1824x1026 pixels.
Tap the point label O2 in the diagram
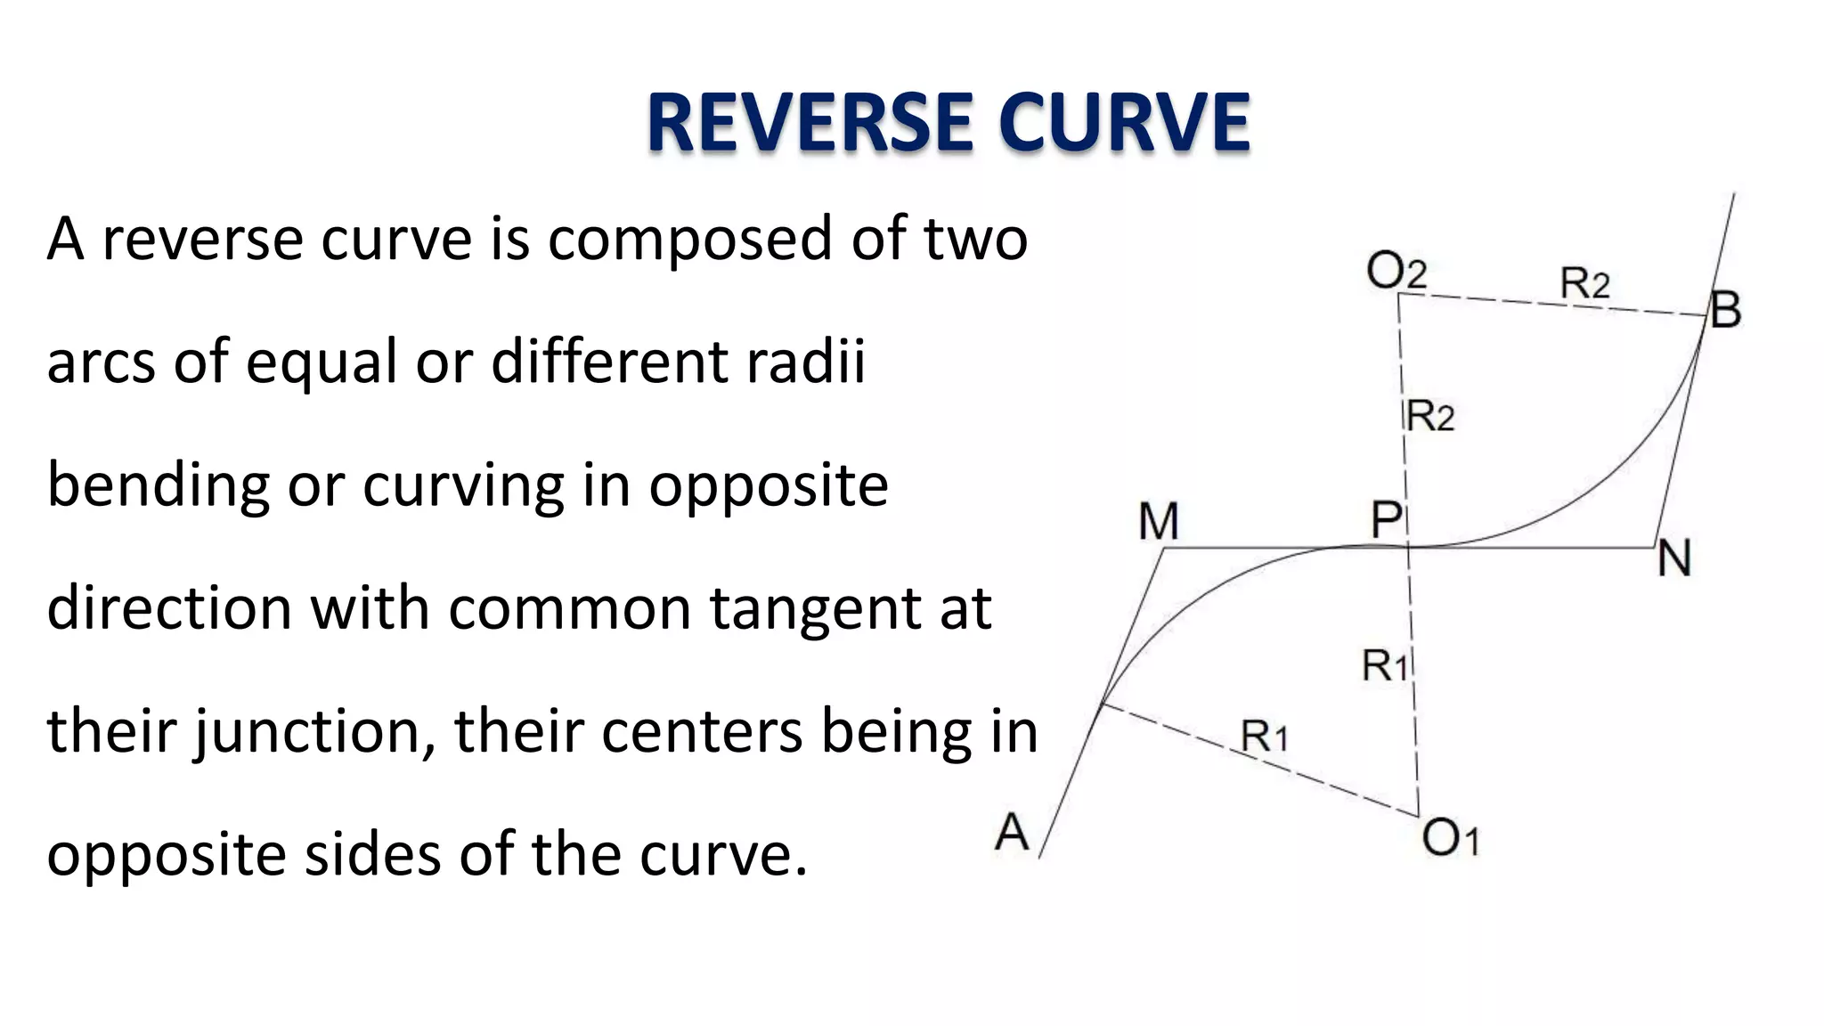(x=1396, y=271)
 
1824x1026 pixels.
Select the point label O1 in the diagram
(x=1449, y=838)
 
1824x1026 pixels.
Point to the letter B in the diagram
(x=1725, y=311)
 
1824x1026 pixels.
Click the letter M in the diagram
(x=1158, y=522)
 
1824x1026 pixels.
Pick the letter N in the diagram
(x=1673, y=560)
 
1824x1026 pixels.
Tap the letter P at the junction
(x=1386, y=520)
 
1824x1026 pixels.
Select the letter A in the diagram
(x=1012, y=834)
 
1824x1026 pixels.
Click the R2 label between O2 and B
(x=1584, y=284)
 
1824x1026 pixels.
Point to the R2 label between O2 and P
(x=1430, y=417)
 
